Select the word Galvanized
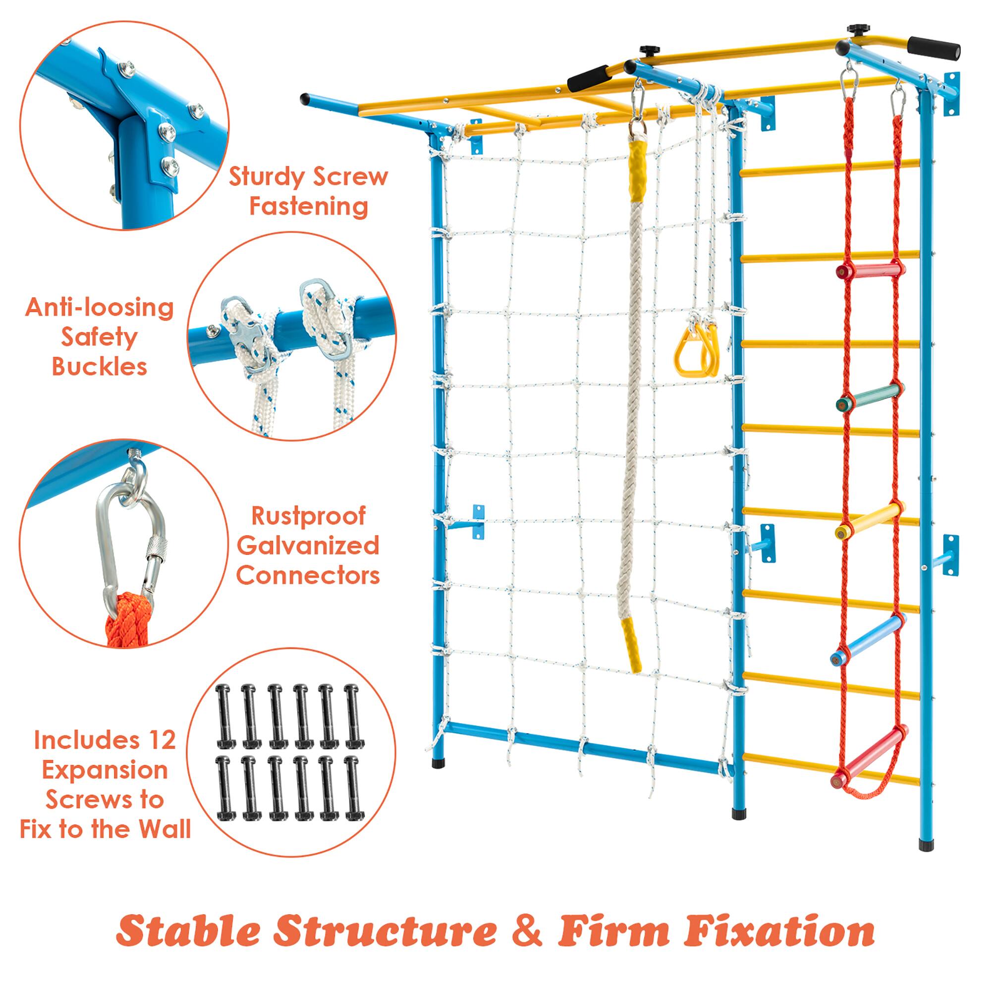[308, 545]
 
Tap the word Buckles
[100, 367]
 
